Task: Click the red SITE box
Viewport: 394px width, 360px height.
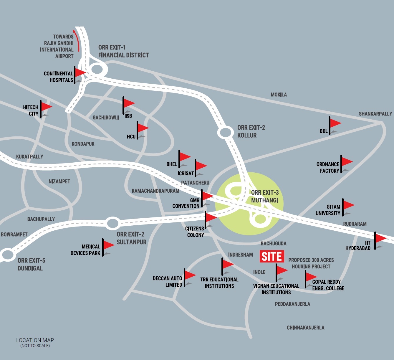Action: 272,256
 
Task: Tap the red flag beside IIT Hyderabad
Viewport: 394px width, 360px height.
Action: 380,238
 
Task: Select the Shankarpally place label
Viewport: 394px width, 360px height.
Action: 375,114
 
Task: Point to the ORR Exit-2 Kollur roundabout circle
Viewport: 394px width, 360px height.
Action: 225,133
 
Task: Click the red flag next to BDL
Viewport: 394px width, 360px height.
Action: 335,123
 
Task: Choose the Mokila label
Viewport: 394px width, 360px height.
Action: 279,95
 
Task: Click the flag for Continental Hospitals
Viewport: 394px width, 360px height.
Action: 80,72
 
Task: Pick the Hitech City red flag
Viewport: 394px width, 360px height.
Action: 46,106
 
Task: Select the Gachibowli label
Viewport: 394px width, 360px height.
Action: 105,118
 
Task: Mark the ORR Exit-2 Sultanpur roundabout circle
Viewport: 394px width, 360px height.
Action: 112,223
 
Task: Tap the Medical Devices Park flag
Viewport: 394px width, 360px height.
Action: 108,245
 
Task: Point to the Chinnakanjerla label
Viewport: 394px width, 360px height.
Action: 305,328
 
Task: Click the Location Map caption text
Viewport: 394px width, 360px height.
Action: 35,340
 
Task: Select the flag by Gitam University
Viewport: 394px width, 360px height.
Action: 348,205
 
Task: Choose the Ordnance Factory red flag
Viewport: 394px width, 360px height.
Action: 347,161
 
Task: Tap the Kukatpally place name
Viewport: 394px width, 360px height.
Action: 29,157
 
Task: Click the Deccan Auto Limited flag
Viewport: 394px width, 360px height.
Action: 190,275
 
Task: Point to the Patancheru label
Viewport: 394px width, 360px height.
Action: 195,183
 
